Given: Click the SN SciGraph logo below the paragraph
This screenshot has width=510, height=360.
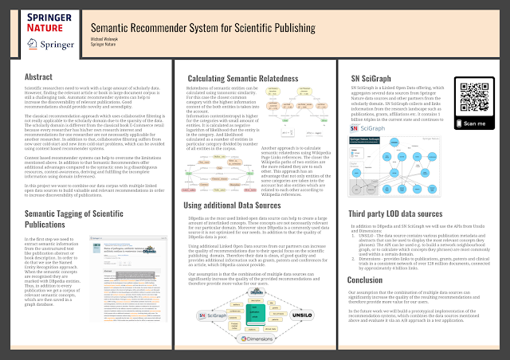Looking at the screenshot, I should click(375, 126).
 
